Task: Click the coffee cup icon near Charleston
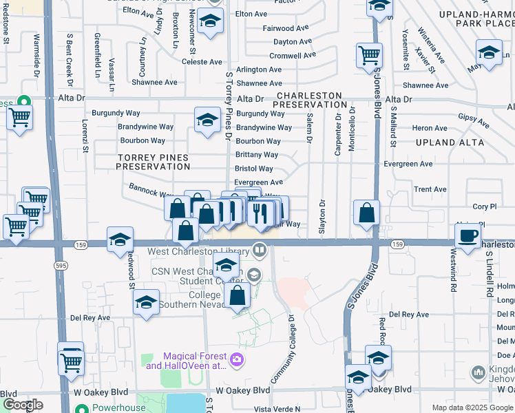(x=468, y=236)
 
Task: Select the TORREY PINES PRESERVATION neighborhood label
(x=153, y=162)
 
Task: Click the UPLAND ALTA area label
(x=445, y=142)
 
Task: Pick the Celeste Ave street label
(x=202, y=62)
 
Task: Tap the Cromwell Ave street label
(x=293, y=56)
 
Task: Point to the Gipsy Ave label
(x=472, y=121)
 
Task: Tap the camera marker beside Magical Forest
(x=238, y=359)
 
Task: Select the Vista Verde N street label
(x=277, y=409)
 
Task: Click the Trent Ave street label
(x=430, y=189)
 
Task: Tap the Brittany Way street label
(x=257, y=155)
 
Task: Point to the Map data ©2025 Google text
(x=472, y=407)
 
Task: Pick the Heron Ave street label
(x=430, y=128)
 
